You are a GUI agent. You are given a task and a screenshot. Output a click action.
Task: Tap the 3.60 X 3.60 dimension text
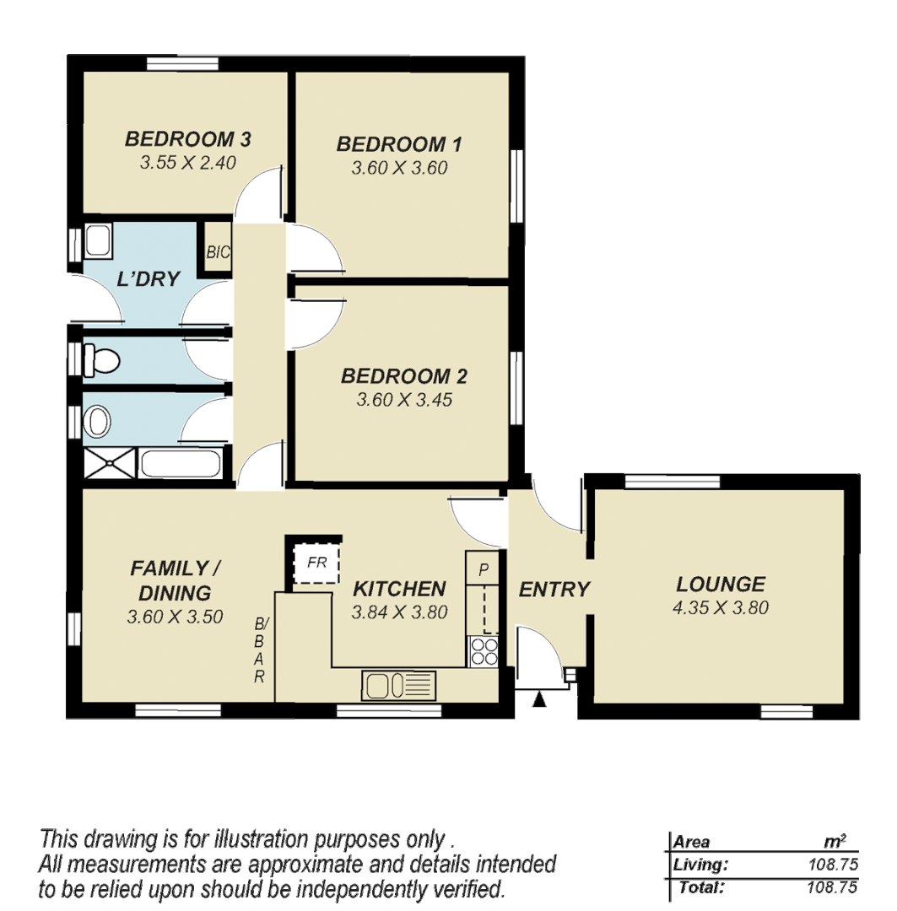tap(399, 168)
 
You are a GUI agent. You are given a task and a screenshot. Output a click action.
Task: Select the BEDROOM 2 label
tap(404, 376)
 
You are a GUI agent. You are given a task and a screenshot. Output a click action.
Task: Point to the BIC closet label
tap(219, 252)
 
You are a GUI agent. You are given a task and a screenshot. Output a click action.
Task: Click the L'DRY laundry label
tap(149, 278)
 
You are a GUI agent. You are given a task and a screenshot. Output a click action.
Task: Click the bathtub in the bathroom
tap(181, 464)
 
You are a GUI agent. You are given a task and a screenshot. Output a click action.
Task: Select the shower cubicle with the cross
tap(109, 465)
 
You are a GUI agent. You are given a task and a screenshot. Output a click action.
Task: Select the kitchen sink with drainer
tap(399, 684)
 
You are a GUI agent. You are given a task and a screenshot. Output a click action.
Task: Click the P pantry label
tap(484, 569)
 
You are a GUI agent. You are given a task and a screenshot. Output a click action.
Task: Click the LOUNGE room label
tap(721, 584)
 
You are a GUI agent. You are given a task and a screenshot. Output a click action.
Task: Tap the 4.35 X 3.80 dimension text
tap(721, 607)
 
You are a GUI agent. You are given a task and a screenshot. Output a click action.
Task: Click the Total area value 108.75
tap(830, 887)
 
